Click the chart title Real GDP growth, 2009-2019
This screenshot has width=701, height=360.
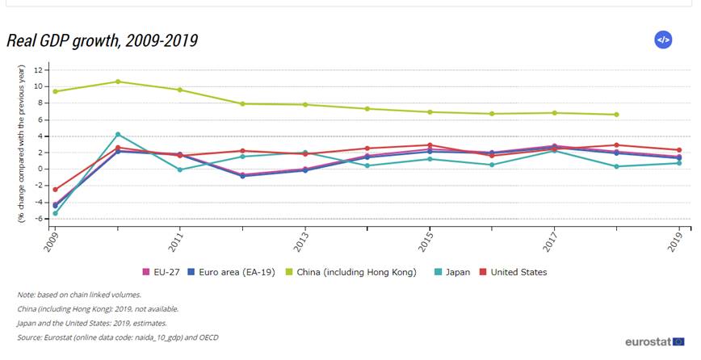pyautogui.click(x=102, y=40)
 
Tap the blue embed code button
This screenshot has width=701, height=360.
pyautogui.click(x=663, y=40)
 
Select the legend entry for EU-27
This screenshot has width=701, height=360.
pyautogui.click(x=164, y=272)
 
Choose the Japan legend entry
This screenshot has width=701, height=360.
pyautogui.click(x=457, y=272)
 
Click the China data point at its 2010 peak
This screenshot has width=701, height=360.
pyautogui.click(x=118, y=82)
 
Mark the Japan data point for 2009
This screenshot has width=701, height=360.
pyautogui.click(x=56, y=213)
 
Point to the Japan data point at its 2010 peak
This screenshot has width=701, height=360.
pyautogui.click(x=118, y=134)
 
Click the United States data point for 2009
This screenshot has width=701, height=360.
pyautogui.click(x=56, y=190)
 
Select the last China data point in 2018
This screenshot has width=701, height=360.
pyautogui.click(x=616, y=115)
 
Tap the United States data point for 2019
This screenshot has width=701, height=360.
pyautogui.click(x=679, y=150)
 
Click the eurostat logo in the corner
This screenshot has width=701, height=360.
pyautogui.click(x=654, y=342)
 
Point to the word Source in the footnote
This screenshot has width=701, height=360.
pyautogui.click(x=30, y=337)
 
